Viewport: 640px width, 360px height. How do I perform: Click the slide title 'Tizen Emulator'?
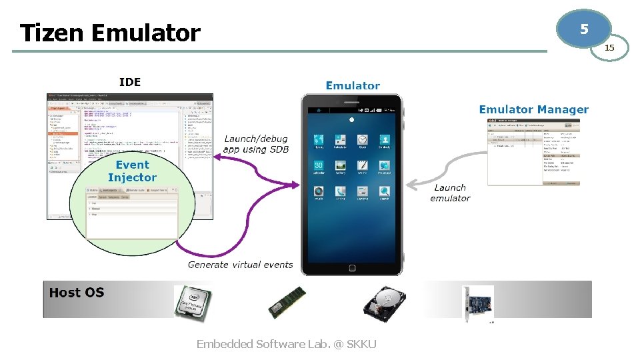tap(110, 33)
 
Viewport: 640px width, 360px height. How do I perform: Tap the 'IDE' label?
tap(130, 82)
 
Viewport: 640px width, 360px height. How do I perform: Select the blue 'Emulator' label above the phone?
tap(353, 85)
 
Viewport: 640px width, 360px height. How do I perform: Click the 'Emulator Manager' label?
tap(533, 109)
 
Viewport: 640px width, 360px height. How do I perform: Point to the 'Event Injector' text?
tap(132, 171)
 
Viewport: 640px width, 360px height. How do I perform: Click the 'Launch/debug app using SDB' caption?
tap(256, 144)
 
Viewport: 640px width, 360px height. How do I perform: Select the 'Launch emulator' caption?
tap(450, 193)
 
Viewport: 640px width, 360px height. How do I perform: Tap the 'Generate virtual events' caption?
tap(240, 265)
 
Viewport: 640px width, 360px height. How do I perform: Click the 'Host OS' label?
tap(77, 292)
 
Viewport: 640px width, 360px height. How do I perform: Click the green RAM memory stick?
tap(287, 303)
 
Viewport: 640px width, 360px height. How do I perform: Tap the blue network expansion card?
tap(479, 303)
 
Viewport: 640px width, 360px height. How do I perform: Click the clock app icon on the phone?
tap(362, 141)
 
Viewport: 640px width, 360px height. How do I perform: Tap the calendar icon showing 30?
tap(319, 166)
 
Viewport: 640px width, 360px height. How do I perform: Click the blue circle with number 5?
tap(584, 29)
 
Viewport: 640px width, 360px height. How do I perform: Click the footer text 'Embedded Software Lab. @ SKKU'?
tap(287, 344)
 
